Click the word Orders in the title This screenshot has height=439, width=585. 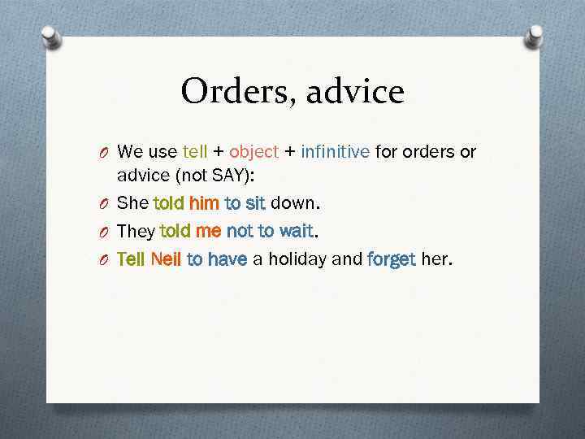236,91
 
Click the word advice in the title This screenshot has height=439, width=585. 356,91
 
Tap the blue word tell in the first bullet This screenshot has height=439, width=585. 195,151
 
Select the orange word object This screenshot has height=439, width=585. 253,151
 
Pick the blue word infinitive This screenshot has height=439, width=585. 336,151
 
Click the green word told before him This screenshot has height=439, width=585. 168,202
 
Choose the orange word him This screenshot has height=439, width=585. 204,202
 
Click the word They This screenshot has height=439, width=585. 136,231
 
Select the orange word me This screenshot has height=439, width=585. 209,231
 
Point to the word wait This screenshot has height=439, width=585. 296,231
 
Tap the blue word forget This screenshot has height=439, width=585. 392,259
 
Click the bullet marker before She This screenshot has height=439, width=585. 106,203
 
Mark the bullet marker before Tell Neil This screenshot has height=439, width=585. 106,260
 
